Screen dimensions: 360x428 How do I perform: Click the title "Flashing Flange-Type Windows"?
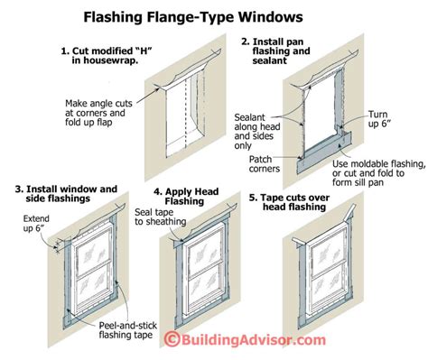click(x=213, y=15)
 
